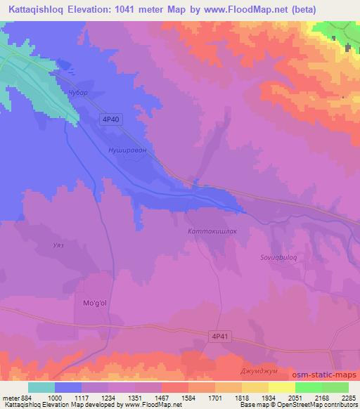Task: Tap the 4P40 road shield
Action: coord(112,119)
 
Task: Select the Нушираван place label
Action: coord(127,150)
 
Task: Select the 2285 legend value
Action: coord(348,398)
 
